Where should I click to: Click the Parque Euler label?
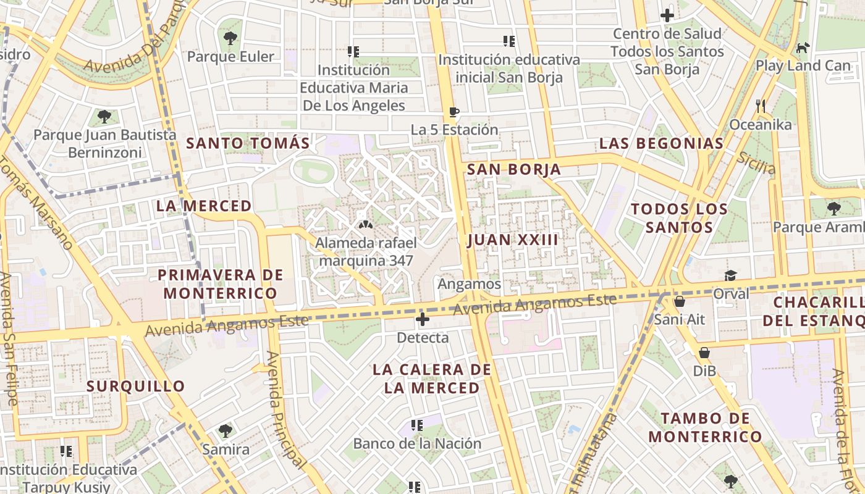230,57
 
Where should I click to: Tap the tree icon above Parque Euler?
230,38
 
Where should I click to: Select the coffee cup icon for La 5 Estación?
454,112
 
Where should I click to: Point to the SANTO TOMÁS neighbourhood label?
248,143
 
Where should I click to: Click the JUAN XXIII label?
513,240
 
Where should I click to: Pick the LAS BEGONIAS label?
661,144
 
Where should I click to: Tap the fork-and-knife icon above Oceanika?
761,106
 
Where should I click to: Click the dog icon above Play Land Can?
803,47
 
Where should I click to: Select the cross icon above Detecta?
423,319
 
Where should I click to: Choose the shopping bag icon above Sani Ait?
680,301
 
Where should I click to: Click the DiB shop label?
704,371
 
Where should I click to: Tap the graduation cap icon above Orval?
731,275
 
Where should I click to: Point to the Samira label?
226,449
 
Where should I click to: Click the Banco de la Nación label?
417,443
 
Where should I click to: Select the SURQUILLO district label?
136,387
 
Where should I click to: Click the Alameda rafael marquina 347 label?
366,251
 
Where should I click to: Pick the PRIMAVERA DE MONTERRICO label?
220,284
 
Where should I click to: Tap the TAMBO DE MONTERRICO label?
705,427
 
